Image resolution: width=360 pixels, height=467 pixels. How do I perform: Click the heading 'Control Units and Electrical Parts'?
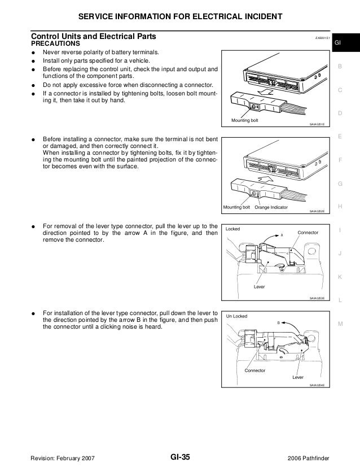(x=94, y=37)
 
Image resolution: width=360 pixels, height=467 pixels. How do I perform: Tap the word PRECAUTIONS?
(x=55, y=44)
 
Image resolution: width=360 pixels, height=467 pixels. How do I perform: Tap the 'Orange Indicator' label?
(x=271, y=207)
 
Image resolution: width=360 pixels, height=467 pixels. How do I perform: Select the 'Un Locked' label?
(x=237, y=316)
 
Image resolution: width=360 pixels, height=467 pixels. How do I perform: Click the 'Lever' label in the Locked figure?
(x=260, y=287)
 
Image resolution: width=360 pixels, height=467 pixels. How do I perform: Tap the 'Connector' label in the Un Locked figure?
(x=254, y=370)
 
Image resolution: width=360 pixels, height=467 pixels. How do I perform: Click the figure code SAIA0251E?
(x=317, y=125)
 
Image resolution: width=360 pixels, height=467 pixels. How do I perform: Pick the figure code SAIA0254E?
(x=317, y=385)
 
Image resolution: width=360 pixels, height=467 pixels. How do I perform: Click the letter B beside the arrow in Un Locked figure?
(x=278, y=322)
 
